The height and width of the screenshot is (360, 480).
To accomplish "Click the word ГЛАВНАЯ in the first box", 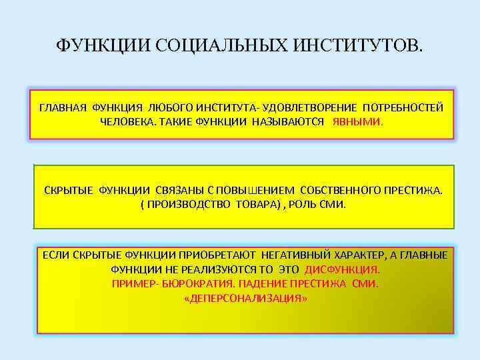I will [x=63, y=108].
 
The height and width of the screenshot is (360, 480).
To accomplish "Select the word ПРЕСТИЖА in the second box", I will [x=414, y=190].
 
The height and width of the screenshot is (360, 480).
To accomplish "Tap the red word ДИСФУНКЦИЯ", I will [x=342, y=270].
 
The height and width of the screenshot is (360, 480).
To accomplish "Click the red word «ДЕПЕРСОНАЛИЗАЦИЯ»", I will [x=245, y=298].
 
